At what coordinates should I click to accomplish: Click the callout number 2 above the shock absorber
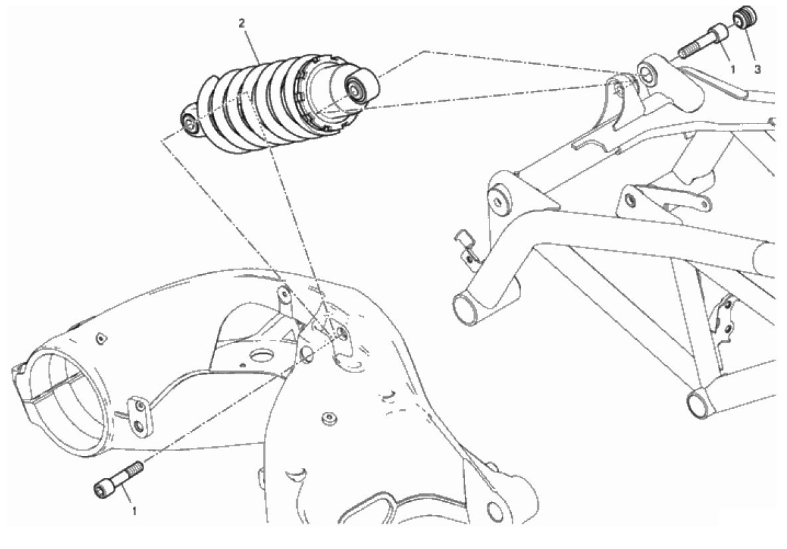point(242,23)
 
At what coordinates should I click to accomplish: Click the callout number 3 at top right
point(757,70)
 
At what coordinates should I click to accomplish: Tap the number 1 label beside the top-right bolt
point(733,70)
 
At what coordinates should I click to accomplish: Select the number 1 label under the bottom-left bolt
point(134,511)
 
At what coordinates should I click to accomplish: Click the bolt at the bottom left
point(118,480)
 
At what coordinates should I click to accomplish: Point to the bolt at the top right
point(701,42)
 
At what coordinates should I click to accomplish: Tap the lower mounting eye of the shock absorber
point(190,122)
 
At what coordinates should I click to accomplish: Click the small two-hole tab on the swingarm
point(138,416)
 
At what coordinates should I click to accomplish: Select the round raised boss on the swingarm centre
point(329,419)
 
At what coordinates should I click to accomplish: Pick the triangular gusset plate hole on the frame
point(497,202)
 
